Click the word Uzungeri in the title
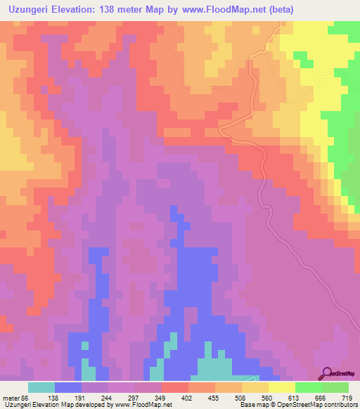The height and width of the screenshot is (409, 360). pyautogui.click(x=33, y=10)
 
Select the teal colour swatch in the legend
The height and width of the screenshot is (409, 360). pyautogui.click(x=41, y=388)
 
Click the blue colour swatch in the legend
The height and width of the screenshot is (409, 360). pyautogui.click(x=68, y=388)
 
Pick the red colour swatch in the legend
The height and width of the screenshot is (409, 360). pyautogui.click(x=175, y=388)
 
